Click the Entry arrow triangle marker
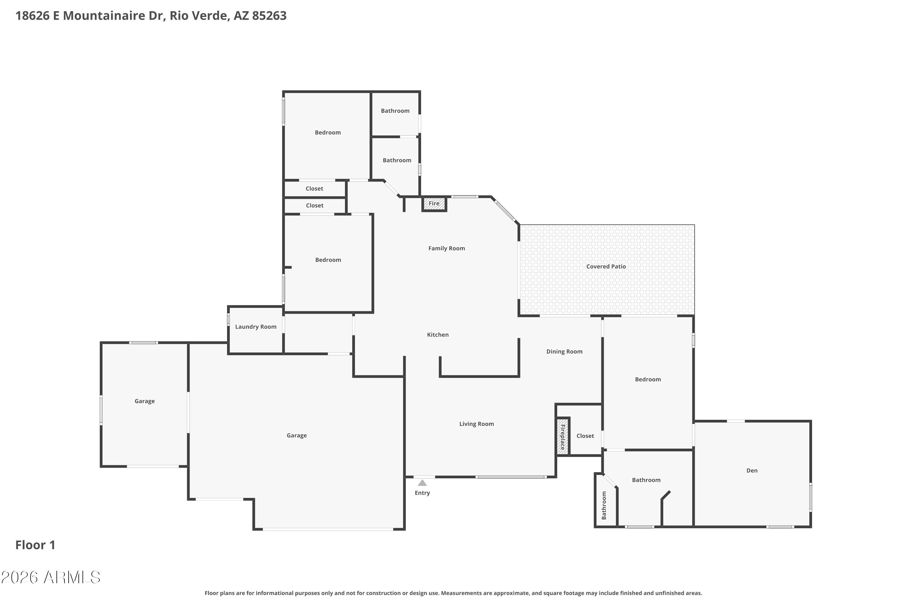(x=422, y=483)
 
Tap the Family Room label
(x=447, y=248)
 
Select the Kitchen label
(x=438, y=335)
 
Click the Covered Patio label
(x=606, y=267)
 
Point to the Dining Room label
(x=564, y=352)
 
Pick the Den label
(x=752, y=471)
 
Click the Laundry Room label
(x=256, y=327)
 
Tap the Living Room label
(x=476, y=424)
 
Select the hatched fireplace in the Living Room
(x=563, y=437)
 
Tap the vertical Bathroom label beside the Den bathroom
(x=604, y=505)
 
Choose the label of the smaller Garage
(x=145, y=401)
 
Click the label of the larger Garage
(x=297, y=436)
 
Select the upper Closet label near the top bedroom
(x=314, y=189)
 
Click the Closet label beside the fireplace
(x=585, y=436)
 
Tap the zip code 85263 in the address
(x=269, y=16)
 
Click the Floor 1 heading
(x=35, y=545)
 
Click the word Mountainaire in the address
(x=104, y=16)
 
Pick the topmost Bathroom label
(x=395, y=111)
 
